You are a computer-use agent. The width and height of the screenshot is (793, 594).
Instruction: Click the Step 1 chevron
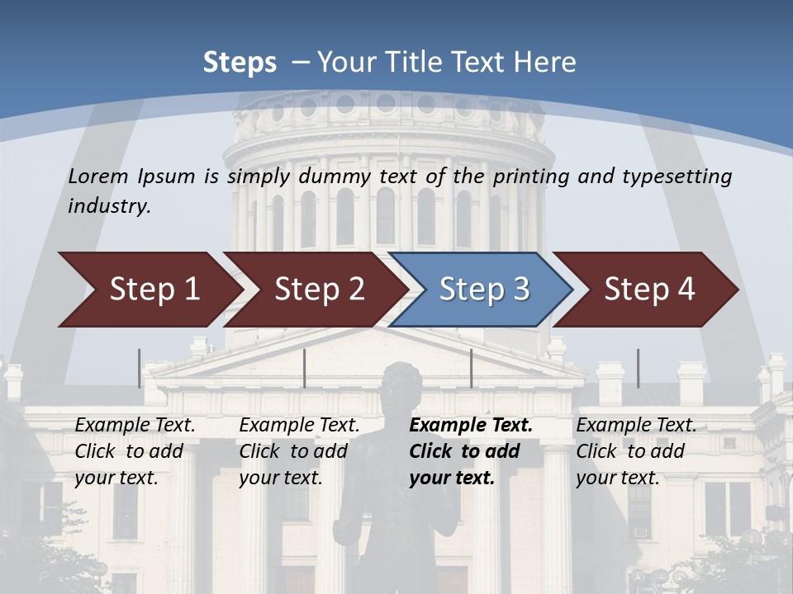point(154,290)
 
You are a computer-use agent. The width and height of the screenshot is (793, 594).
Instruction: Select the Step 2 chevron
point(319,290)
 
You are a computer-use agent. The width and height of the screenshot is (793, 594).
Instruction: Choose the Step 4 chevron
point(648,290)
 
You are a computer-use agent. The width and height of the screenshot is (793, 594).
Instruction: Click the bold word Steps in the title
point(240,63)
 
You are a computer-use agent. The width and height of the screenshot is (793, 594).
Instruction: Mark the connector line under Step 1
point(139,368)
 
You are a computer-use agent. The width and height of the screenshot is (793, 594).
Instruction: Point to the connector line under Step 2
point(305,368)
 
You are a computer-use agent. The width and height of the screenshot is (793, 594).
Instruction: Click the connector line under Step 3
point(471,368)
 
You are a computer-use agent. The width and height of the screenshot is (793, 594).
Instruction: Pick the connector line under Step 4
point(638,368)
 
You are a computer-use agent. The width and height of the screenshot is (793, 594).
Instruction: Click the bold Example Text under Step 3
point(471,426)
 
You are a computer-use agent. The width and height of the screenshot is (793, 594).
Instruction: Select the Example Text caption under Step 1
point(135,426)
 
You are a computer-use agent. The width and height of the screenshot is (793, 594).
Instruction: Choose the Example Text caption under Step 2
point(300,426)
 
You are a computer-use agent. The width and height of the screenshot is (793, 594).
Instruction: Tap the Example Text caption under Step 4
point(636,426)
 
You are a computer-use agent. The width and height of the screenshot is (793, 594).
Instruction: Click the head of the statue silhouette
point(401,381)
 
